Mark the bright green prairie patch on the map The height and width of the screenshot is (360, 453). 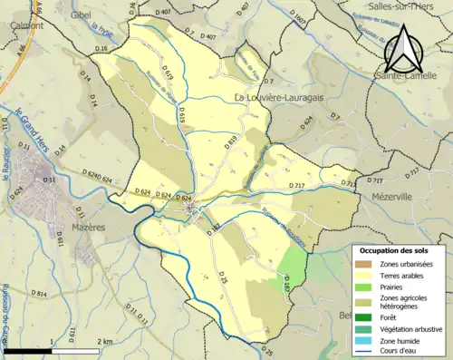(x=292, y=263)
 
